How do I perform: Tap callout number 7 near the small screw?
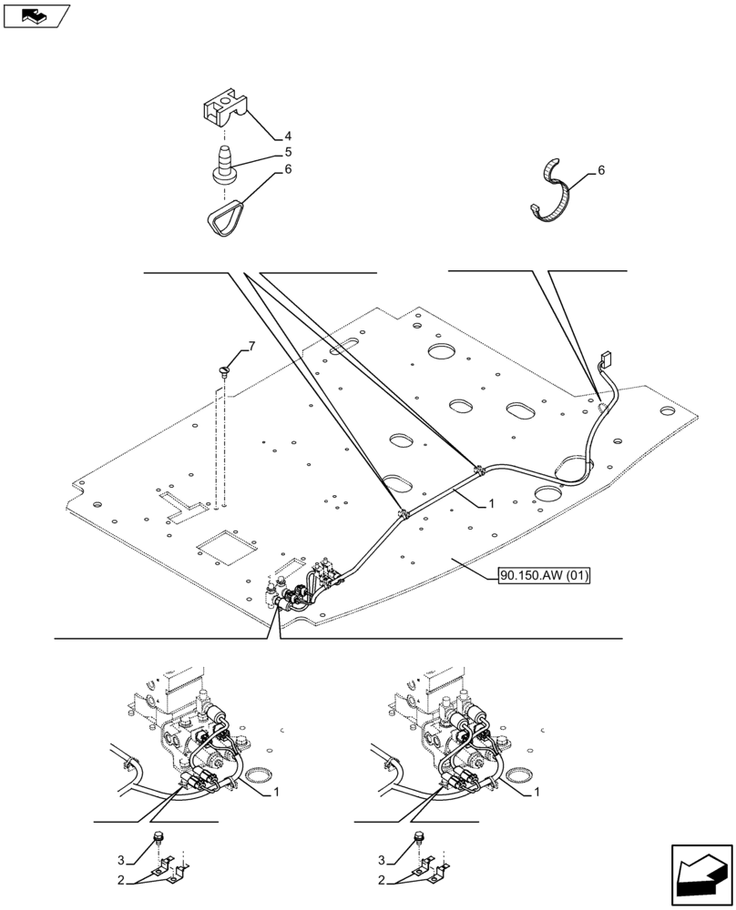[x=251, y=346]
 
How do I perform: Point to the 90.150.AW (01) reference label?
[x=545, y=575]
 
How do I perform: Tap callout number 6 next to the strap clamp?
[x=600, y=170]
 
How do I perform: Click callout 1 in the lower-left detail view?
[x=277, y=794]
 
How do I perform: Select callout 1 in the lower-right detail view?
[x=537, y=794]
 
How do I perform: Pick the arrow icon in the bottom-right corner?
[x=701, y=875]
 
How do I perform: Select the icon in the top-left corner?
[x=36, y=15]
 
